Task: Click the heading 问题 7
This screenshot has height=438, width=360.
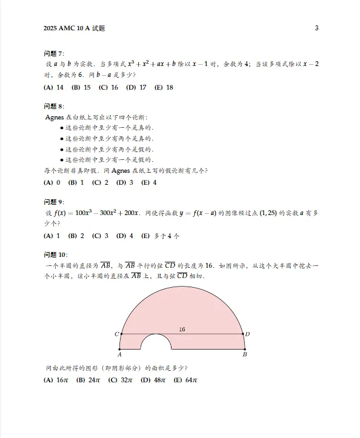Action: point(55,54)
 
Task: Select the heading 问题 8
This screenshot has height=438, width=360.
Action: point(55,107)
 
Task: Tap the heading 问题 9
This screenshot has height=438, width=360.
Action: point(55,202)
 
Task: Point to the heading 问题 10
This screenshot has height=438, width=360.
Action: point(56,254)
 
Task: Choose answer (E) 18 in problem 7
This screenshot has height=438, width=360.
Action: point(164,87)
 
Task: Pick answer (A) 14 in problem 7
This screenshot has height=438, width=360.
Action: point(54,87)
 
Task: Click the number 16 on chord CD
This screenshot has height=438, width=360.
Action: point(182,329)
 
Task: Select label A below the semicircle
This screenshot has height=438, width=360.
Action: point(120,354)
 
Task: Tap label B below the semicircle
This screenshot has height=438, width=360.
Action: point(244,354)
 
